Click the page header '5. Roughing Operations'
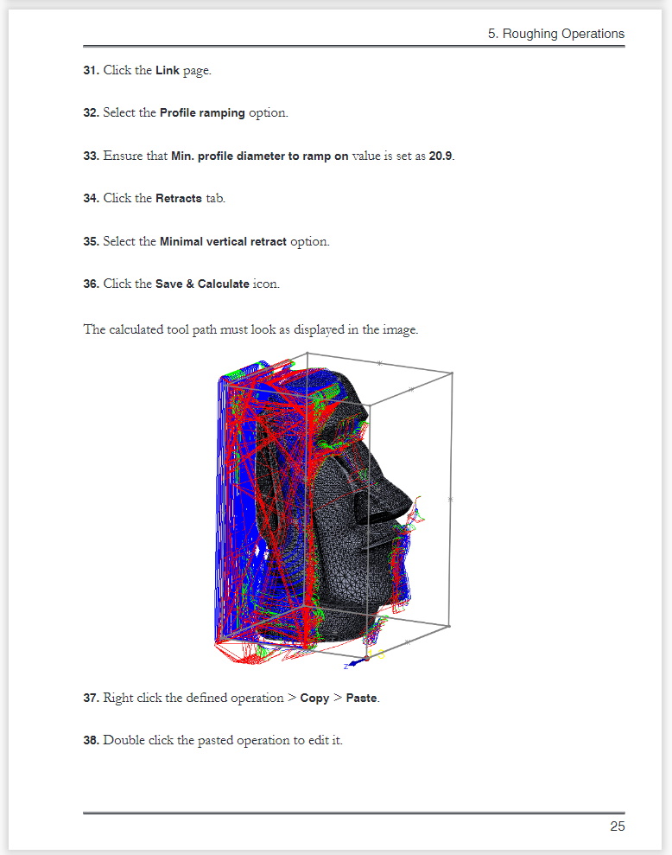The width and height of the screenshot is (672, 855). [556, 34]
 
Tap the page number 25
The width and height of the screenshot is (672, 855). [618, 826]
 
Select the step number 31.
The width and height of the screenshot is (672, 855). [91, 70]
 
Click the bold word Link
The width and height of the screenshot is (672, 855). [168, 70]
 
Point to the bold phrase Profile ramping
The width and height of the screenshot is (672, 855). [202, 113]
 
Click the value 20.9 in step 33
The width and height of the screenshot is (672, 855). [441, 156]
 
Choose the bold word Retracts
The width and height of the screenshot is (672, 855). [179, 198]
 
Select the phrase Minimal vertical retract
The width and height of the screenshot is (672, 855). [223, 241]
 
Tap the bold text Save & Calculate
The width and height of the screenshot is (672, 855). [202, 284]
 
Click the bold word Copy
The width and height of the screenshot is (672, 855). [314, 698]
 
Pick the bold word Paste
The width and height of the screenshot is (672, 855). [361, 698]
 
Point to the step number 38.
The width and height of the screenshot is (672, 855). [91, 741]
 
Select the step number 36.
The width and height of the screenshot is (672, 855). [91, 284]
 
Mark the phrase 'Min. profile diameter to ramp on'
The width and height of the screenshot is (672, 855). [259, 156]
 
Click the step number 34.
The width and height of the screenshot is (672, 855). [91, 198]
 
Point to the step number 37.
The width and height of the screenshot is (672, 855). [91, 698]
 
